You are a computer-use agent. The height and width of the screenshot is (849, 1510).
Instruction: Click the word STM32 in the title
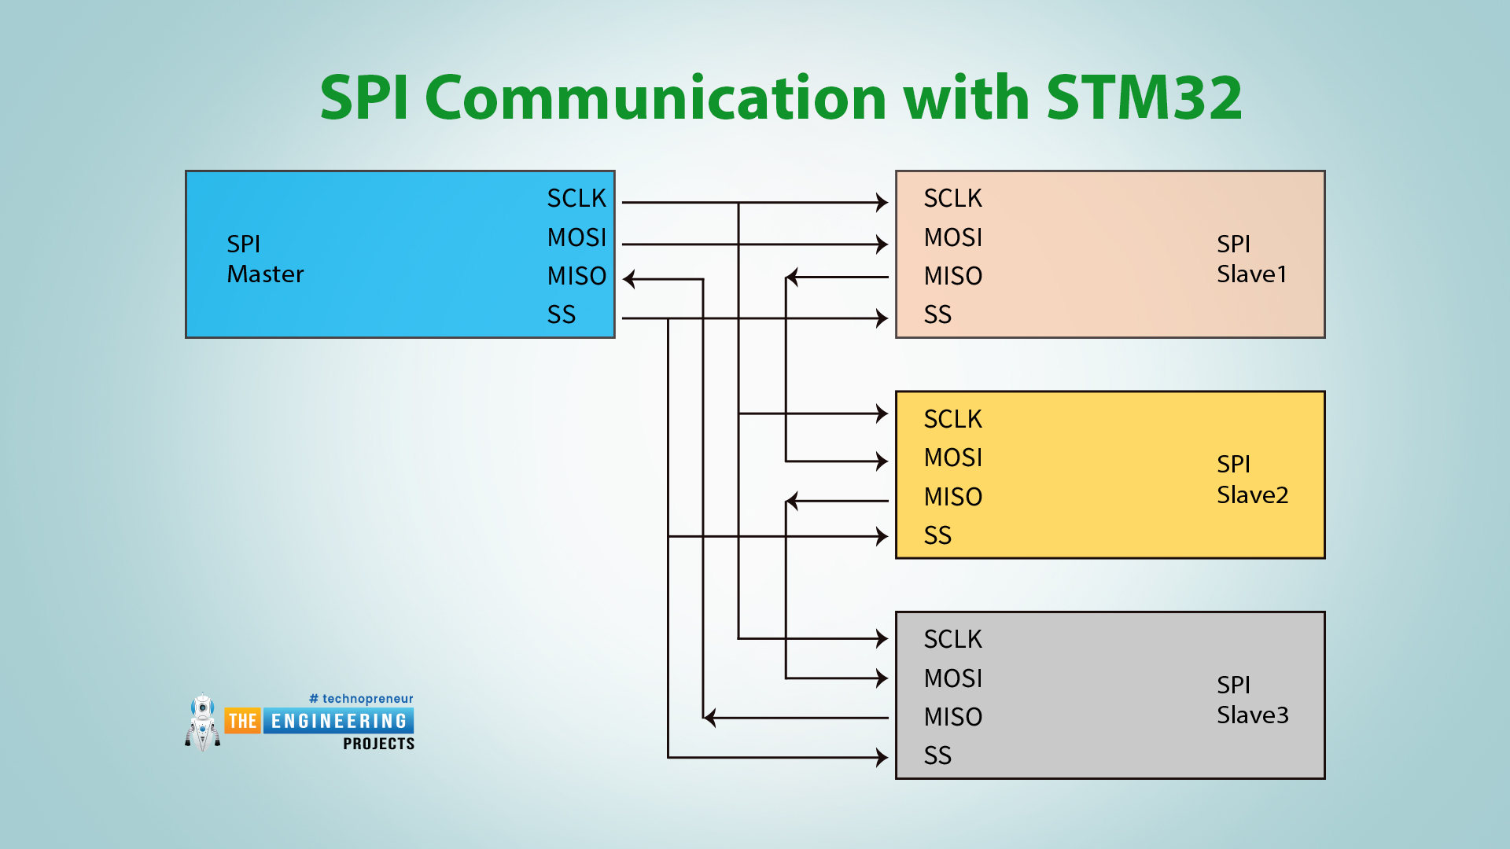(x=1144, y=97)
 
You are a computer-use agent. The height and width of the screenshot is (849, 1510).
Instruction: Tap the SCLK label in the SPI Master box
(x=576, y=198)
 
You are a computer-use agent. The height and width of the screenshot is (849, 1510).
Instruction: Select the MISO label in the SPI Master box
(x=576, y=276)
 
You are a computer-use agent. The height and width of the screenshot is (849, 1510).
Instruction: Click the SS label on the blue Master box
(x=562, y=314)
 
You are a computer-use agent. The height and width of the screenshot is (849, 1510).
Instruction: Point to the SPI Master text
(x=264, y=259)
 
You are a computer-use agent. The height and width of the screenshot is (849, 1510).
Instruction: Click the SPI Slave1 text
(x=1251, y=259)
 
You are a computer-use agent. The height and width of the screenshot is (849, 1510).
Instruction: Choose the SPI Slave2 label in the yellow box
(x=1252, y=480)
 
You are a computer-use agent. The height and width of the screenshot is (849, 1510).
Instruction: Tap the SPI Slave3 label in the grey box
(x=1252, y=700)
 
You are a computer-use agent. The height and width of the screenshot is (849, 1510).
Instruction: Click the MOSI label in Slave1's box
(x=953, y=237)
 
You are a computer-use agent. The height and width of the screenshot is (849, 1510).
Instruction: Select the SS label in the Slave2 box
(x=937, y=535)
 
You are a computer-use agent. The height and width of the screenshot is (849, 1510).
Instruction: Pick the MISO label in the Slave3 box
(x=953, y=717)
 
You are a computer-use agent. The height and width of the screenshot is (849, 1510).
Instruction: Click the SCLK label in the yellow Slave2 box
(x=953, y=419)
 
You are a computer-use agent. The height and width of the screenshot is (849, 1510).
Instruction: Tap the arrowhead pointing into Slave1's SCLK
(x=882, y=203)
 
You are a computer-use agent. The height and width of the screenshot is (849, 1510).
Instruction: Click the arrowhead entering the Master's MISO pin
(x=629, y=279)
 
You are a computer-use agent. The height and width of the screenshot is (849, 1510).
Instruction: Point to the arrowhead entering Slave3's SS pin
(x=882, y=758)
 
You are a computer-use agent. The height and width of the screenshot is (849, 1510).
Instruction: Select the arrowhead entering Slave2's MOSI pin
(x=882, y=461)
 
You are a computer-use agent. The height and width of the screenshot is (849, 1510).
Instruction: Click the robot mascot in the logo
(x=203, y=722)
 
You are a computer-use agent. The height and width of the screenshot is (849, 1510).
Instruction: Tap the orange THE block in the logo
(x=242, y=721)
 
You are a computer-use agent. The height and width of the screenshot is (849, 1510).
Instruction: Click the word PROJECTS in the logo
(x=378, y=744)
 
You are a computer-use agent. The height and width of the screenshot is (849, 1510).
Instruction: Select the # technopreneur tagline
(x=361, y=699)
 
